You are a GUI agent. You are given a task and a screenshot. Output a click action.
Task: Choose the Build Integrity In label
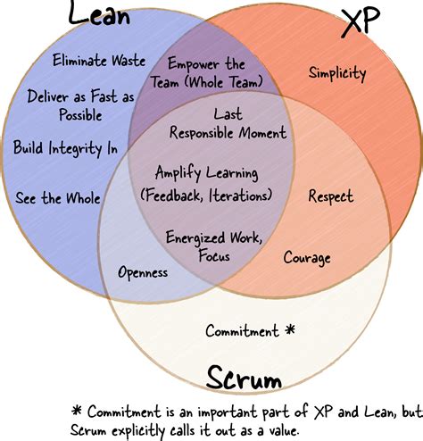(x=64, y=148)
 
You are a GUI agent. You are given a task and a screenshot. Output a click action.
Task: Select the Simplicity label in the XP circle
(x=337, y=73)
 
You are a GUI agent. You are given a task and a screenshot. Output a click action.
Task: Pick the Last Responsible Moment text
(x=228, y=124)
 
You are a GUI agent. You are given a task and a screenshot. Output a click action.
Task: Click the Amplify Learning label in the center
(x=206, y=182)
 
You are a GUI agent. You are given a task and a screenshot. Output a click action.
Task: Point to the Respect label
(x=330, y=196)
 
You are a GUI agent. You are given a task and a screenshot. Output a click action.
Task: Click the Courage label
(x=307, y=258)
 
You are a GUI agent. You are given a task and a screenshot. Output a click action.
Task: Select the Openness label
(x=143, y=272)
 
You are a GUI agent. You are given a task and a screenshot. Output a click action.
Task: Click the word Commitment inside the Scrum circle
(x=241, y=330)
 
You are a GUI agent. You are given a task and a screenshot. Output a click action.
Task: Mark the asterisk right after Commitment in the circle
(x=289, y=329)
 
